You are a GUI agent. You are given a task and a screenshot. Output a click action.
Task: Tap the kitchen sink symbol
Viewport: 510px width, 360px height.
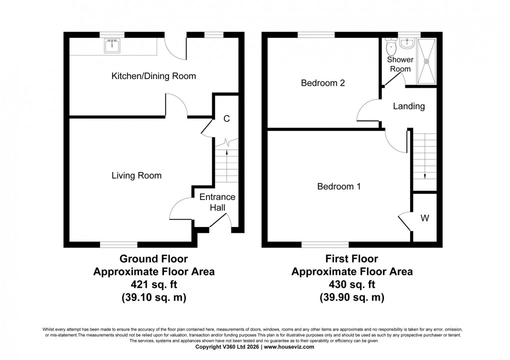[x=112, y=46]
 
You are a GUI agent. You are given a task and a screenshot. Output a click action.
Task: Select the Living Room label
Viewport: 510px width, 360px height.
[x=136, y=175]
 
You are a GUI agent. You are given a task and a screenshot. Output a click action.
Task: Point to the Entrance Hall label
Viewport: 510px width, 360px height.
[x=217, y=202]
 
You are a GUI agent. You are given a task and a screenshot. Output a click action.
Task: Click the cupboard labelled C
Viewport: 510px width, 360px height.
[x=226, y=119]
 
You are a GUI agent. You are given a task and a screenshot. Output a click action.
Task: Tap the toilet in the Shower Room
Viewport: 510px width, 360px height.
[x=391, y=48]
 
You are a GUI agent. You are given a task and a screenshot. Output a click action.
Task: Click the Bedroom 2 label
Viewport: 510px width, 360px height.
[x=323, y=83]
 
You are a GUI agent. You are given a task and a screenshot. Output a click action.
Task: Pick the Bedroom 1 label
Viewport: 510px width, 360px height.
[x=339, y=186]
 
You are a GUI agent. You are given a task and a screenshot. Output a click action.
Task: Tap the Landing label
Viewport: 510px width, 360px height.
[x=408, y=106]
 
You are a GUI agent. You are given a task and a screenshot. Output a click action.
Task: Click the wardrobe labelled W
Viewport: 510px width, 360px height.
[x=424, y=218]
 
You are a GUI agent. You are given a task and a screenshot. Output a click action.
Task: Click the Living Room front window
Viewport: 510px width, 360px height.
[x=118, y=244]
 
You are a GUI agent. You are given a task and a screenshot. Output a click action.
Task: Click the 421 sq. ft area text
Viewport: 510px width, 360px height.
[x=153, y=285]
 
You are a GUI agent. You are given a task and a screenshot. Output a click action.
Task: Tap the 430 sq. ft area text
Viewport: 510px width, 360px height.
[x=352, y=285]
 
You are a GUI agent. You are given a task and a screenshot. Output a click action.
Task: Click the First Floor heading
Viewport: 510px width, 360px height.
[x=352, y=259]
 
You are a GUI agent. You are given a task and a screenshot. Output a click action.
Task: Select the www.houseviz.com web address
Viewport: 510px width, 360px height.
[x=289, y=346]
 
